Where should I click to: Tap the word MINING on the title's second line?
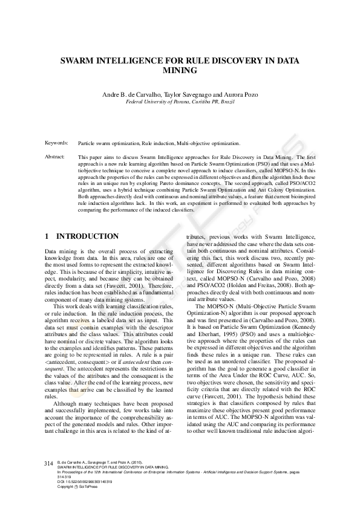point(180,70)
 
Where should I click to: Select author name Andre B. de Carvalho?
point(131,95)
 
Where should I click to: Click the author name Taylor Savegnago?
point(190,95)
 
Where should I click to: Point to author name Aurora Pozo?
point(242,95)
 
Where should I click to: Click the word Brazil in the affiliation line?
point(226,103)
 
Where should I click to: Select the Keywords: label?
point(56,143)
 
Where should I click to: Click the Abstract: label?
point(56,157)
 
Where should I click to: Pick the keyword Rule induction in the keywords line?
point(159,144)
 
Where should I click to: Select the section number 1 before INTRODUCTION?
point(48,236)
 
